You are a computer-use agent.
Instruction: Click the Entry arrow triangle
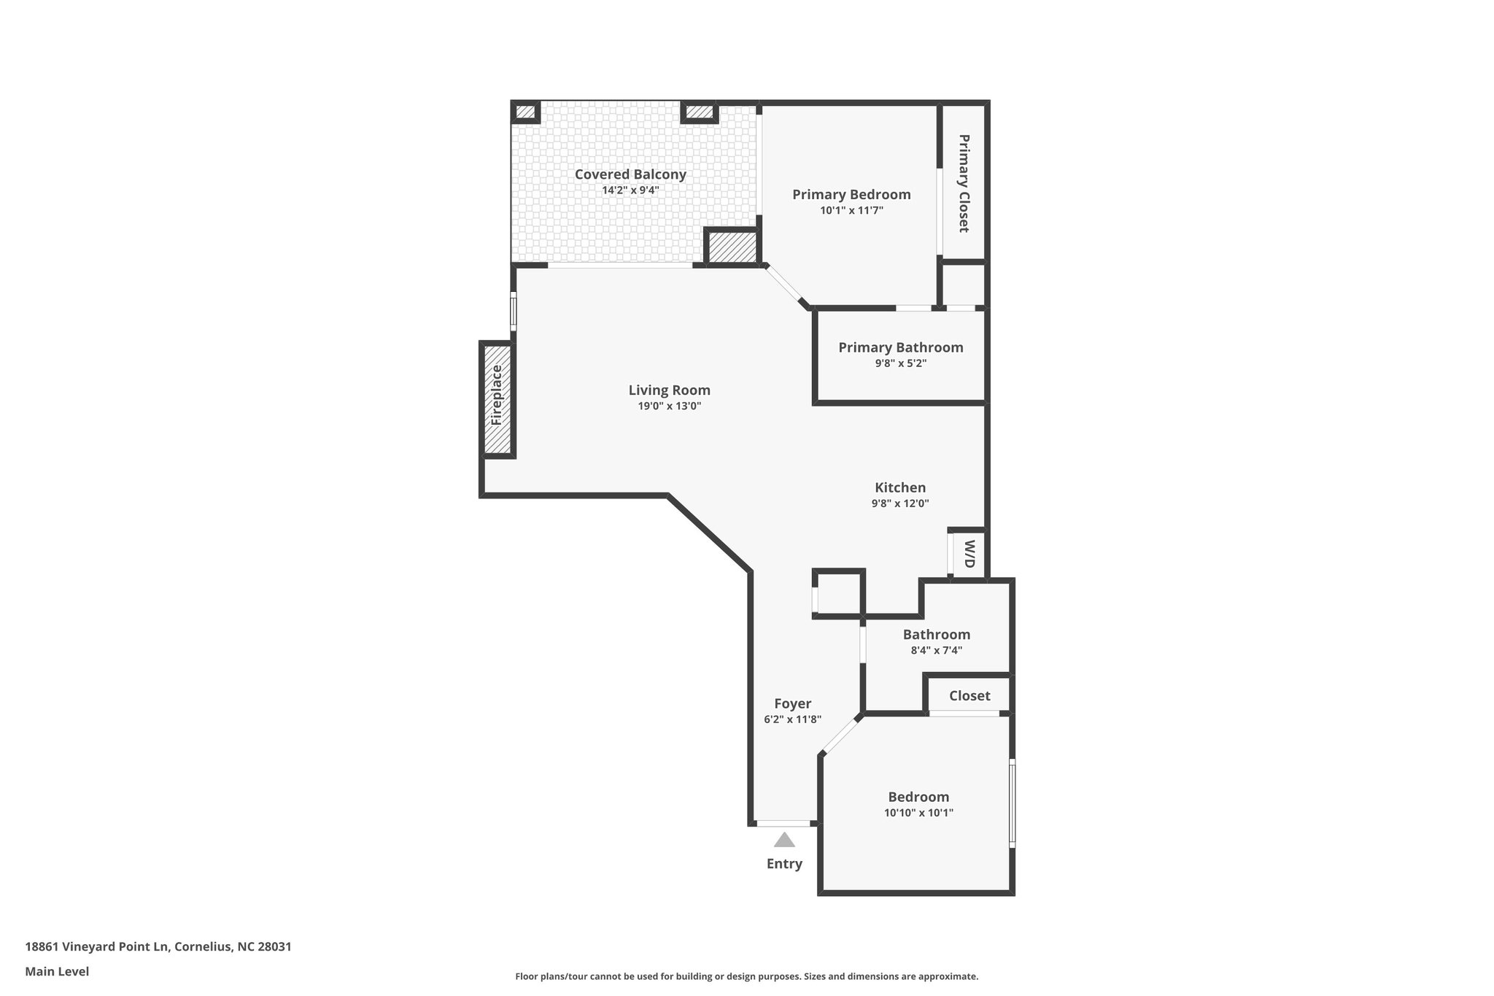click(784, 840)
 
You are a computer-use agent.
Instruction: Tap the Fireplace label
click(497, 395)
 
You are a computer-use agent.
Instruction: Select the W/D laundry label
click(969, 554)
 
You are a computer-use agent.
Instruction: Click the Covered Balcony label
click(630, 174)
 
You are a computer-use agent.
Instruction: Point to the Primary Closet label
click(964, 183)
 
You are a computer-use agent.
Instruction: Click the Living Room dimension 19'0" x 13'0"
click(670, 406)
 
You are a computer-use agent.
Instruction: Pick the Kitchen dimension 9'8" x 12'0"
click(900, 503)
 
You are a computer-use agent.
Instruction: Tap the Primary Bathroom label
click(901, 347)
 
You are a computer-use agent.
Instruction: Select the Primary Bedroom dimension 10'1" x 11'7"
click(851, 211)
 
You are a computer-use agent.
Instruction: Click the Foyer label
click(793, 703)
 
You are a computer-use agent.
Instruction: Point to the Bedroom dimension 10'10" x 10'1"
click(918, 813)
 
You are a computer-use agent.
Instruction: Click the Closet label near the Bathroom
click(969, 696)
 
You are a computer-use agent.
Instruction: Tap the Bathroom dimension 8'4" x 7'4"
click(937, 650)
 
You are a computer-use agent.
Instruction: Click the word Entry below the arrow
click(784, 864)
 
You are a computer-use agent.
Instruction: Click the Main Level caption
click(57, 972)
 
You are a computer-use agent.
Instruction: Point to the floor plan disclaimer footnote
click(747, 976)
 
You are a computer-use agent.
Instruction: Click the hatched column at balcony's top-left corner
click(525, 112)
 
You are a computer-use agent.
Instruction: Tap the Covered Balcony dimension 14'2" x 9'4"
click(630, 190)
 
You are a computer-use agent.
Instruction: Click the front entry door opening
click(784, 824)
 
